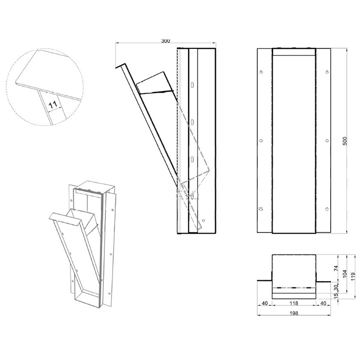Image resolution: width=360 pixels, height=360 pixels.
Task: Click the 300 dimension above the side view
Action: coord(165,41)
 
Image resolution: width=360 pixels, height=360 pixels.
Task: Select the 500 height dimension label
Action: coord(345,141)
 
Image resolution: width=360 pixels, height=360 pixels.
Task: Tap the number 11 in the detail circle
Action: coord(53,105)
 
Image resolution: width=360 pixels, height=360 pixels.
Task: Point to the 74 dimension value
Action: coord(336,268)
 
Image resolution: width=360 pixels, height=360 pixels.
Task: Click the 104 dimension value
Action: coord(345,274)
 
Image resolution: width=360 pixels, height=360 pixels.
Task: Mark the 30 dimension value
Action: coord(336,287)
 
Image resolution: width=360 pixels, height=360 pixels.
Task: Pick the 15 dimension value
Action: coord(336,295)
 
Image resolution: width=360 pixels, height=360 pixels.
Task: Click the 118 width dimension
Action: coord(294,303)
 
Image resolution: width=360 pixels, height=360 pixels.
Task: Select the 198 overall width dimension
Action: coord(294,313)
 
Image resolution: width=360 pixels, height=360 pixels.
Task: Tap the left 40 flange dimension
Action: coord(265,303)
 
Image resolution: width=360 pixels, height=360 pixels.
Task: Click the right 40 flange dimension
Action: coord(323,303)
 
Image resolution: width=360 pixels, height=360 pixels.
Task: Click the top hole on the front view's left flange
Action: coord(261,72)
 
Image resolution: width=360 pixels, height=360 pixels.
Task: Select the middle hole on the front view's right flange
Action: coord(327,140)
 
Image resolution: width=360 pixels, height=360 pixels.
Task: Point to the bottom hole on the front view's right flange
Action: coord(327,209)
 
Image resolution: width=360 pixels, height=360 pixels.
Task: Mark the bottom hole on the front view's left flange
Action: coord(261,209)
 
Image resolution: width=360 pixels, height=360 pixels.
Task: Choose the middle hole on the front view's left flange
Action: coord(261,140)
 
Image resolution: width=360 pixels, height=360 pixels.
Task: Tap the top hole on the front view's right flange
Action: coord(327,72)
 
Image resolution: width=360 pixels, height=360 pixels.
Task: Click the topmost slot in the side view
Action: coord(192,85)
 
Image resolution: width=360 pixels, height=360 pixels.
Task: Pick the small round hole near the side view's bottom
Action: coord(204,221)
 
